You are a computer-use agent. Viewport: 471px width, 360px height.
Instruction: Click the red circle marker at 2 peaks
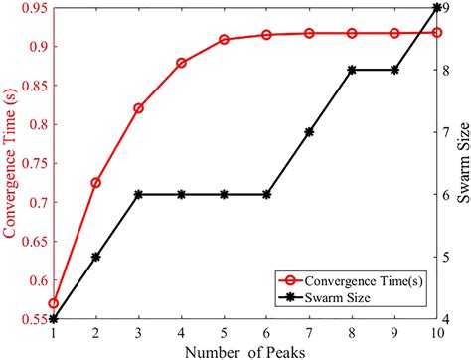point(95,183)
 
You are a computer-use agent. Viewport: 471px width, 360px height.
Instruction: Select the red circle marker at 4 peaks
point(181,63)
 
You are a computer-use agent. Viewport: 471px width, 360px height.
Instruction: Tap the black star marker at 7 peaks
point(310,132)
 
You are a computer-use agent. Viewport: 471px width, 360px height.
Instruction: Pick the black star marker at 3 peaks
point(138,194)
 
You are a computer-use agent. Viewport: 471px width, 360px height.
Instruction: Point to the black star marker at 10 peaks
point(438,8)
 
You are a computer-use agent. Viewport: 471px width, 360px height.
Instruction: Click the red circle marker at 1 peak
point(53,303)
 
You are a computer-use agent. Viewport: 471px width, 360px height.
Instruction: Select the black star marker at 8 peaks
point(353,70)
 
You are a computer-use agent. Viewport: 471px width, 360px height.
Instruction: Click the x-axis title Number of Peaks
point(244,350)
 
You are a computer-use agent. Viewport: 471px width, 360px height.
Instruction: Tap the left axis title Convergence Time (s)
point(11,163)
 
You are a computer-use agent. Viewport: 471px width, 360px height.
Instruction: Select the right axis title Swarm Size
point(462,163)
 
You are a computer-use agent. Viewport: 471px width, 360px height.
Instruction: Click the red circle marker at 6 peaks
point(266,35)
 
